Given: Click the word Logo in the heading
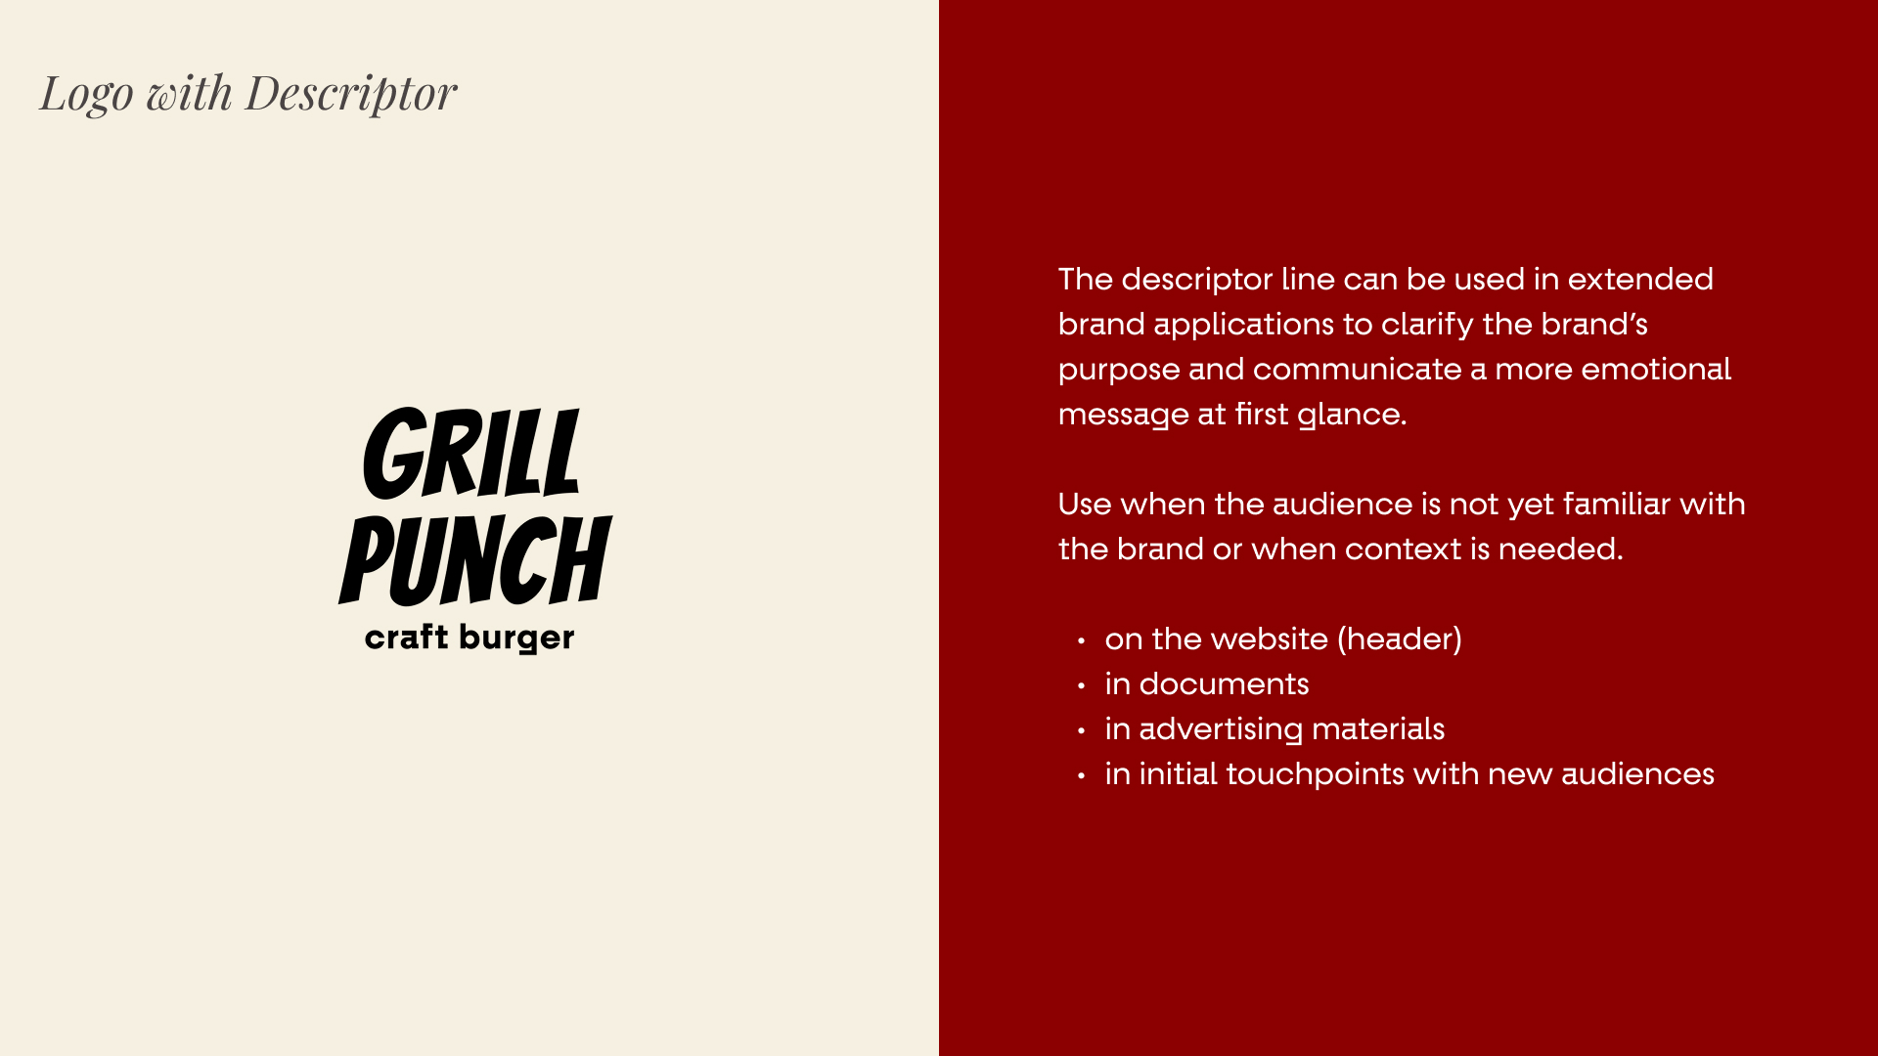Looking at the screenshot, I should click(86, 94).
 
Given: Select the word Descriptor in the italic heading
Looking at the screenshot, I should click(350, 94).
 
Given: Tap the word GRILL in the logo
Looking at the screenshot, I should click(472, 454).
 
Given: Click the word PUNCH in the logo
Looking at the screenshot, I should click(475, 560).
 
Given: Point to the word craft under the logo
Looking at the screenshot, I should click(406, 638).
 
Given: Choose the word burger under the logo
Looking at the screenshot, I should click(516, 638).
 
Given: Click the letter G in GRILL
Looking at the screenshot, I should click(393, 454).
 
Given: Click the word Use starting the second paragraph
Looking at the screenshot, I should click(1084, 505).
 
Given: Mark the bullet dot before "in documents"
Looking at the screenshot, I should click(1081, 686).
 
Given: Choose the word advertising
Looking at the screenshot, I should click(1221, 730).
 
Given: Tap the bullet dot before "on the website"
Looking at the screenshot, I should click(1081, 641).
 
